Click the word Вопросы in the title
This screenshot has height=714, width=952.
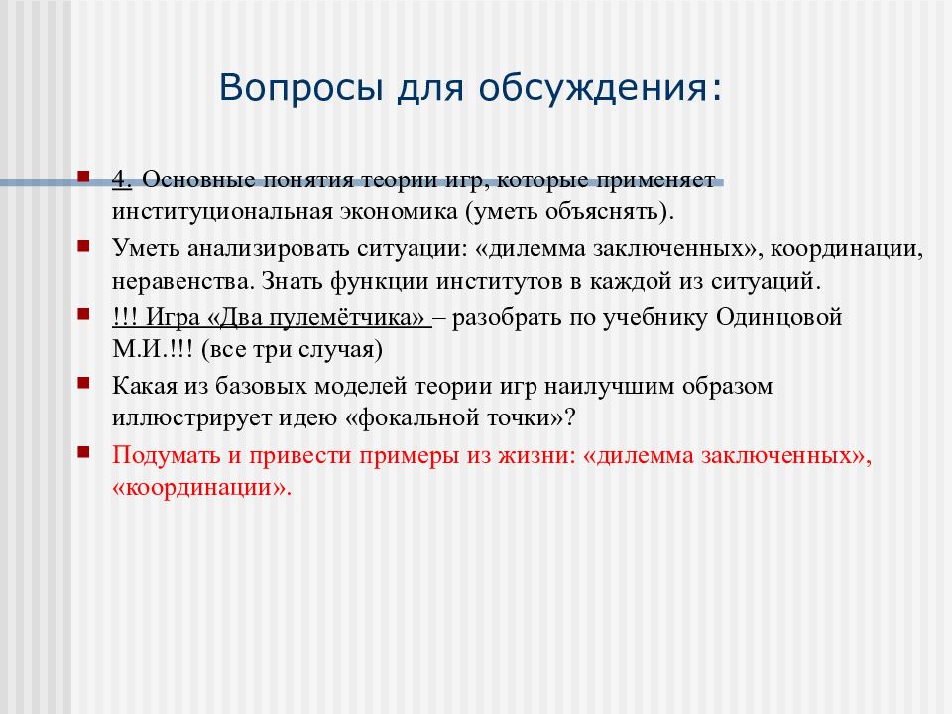tap(300, 87)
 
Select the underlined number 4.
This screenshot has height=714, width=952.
tap(122, 179)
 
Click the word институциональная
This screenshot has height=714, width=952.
tap(221, 212)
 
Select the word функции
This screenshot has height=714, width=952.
tap(379, 282)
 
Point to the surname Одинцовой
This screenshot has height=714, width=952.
tap(778, 317)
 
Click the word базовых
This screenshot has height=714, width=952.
tap(261, 386)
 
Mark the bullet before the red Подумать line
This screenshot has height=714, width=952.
tap(83, 452)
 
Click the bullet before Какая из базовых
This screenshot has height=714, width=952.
tap(83, 383)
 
